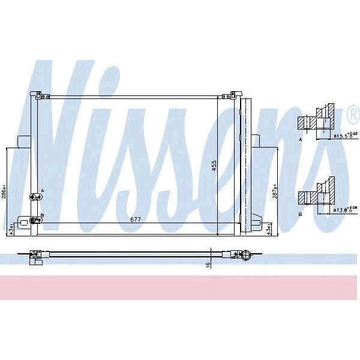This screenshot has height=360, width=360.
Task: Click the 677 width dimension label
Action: (x=137, y=219)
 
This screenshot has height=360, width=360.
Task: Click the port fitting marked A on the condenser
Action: (x=35, y=196)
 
